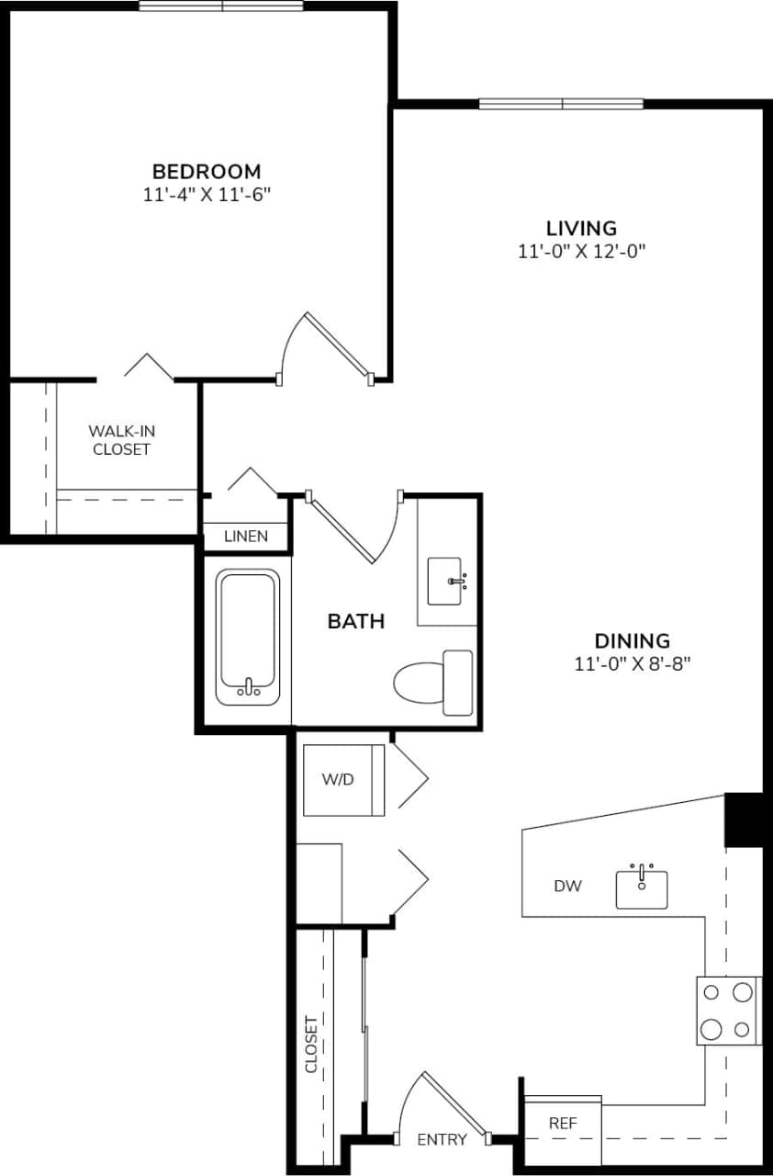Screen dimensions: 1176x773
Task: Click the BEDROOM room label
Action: (207, 171)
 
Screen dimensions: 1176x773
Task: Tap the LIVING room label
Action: (581, 228)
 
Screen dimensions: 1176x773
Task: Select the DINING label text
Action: (632, 641)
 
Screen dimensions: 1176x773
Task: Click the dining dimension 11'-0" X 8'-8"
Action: (632, 664)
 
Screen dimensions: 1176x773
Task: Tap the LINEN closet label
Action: (245, 537)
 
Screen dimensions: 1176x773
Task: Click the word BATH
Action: (355, 622)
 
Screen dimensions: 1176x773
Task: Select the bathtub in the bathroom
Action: (247, 638)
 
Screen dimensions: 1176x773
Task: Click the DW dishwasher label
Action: (567, 887)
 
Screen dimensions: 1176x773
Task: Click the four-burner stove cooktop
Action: (727, 1011)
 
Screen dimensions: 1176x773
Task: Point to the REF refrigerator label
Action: (562, 1123)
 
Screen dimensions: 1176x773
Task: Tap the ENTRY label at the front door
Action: (442, 1140)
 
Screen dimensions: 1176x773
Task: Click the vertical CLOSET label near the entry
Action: (311, 1044)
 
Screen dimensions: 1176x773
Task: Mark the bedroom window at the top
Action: (221, 6)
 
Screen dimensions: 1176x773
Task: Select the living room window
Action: (561, 104)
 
